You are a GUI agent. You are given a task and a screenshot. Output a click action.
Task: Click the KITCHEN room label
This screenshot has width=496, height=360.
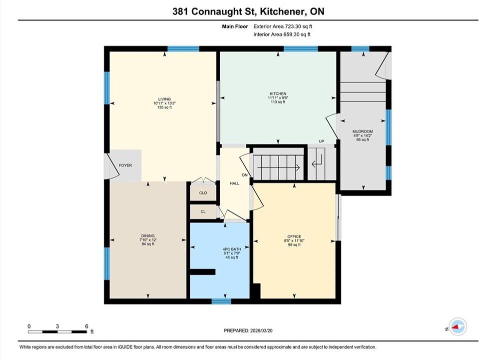tap(278, 93)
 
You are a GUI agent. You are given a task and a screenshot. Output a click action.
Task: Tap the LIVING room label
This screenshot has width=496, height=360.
tap(164, 99)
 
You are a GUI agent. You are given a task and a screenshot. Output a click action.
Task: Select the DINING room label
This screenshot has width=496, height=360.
tap(148, 236)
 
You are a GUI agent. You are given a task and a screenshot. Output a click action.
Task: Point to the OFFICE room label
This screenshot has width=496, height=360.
tap(294, 236)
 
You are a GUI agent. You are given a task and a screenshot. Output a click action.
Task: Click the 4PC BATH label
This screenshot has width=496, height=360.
tap(232, 249)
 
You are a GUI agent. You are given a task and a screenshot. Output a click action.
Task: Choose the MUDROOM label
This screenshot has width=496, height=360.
tap(363, 131)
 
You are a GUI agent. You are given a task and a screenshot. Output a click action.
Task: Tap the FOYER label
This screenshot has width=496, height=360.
tap(125, 165)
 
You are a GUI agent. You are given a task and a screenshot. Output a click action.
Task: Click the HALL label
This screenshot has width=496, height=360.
tap(234, 183)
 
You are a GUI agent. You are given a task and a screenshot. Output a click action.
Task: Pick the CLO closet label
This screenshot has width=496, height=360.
tap(203, 193)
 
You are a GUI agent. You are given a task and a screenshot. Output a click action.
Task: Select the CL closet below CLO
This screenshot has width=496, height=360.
tap(203, 212)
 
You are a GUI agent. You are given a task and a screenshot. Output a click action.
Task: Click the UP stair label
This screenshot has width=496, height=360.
tap(321, 141)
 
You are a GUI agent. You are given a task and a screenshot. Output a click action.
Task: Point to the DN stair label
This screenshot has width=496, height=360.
tap(245, 175)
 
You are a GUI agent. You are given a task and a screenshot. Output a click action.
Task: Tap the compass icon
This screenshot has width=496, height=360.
tap(458, 326)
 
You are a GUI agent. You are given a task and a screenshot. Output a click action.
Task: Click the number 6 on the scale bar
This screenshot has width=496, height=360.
tap(86, 326)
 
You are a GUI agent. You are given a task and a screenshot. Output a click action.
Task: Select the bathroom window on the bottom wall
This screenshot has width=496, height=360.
tap(221, 301)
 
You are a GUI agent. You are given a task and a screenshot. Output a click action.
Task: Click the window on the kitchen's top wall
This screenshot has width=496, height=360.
tap(301, 49)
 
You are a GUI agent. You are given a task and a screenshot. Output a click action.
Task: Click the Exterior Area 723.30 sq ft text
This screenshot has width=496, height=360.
tap(283, 26)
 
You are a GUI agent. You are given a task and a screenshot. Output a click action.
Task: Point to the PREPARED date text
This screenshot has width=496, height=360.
tap(248, 330)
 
